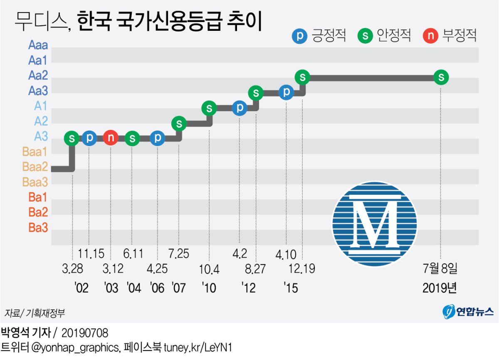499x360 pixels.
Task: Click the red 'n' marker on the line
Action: pyautogui.click(x=111, y=138)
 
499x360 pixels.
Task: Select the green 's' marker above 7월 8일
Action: pyautogui.click(x=441, y=77)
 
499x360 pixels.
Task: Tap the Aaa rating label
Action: pyautogui.click(x=38, y=45)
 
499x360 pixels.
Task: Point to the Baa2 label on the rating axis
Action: pyautogui.click(x=35, y=166)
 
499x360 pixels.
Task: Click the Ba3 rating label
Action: pyautogui.click(x=38, y=228)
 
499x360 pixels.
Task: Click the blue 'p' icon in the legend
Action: pyautogui.click(x=300, y=36)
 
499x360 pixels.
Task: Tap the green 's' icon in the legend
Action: pyautogui.click(x=365, y=36)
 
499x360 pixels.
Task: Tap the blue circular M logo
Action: pyautogui.click(x=374, y=224)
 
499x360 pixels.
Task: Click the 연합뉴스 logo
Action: pyautogui.click(x=468, y=311)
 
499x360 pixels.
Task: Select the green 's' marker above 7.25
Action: pyautogui.click(x=179, y=123)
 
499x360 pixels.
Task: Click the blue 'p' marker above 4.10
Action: pyautogui.click(x=286, y=92)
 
